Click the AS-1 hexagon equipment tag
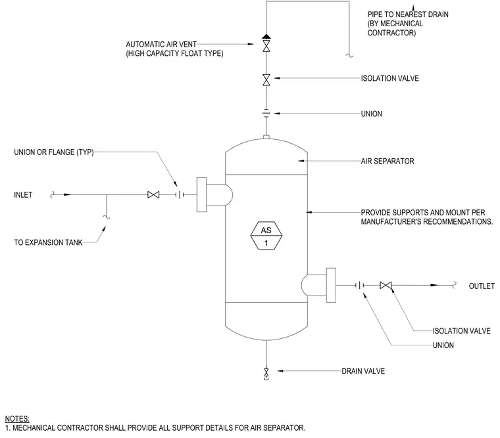click(x=266, y=235)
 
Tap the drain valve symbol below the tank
click(x=266, y=374)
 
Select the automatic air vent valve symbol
click(x=266, y=43)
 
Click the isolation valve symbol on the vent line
click(x=266, y=80)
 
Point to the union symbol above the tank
click(x=266, y=114)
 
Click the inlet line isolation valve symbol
click(x=153, y=194)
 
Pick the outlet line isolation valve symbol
click(x=386, y=286)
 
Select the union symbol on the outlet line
click(x=360, y=286)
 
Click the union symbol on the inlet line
click(x=180, y=194)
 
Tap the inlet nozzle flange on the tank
click(x=201, y=194)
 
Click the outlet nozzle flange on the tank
click(x=331, y=285)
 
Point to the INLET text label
click(x=23, y=195)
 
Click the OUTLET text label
click(x=482, y=286)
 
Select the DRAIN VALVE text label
click(x=363, y=371)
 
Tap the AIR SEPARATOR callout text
click(x=387, y=161)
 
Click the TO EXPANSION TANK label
click(x=48, y=242)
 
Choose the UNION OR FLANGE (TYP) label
click(x=54, y=152)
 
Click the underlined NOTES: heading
click(x=17, y=419)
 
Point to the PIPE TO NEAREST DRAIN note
click(x=408, y=24)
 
